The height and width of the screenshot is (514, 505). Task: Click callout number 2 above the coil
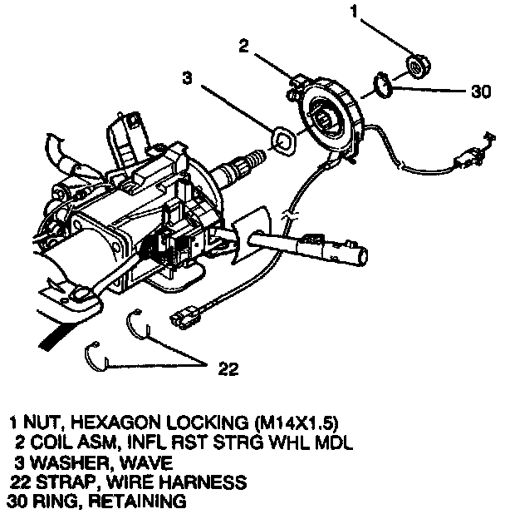coord(243,47)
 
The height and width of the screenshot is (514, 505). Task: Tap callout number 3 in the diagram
coord(189,81)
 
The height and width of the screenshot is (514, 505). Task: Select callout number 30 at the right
coord(480,92)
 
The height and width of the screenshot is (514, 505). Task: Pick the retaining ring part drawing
coord(381,86)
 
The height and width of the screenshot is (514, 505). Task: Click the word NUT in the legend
coord(42,421)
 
